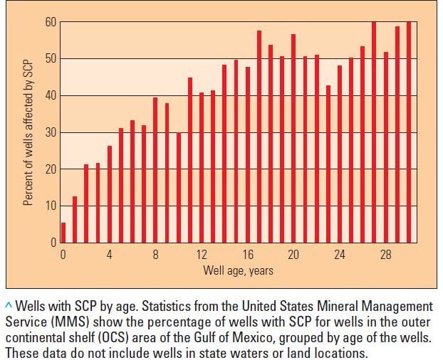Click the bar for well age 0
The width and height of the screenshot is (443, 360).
[63, 233]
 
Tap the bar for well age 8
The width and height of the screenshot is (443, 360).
[155, 171]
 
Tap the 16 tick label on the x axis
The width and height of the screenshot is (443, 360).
[248, 255]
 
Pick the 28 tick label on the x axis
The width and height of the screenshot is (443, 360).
[386, 255]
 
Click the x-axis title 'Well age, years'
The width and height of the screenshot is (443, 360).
[238, 270]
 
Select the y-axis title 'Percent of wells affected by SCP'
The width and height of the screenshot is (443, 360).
[28, 132]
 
